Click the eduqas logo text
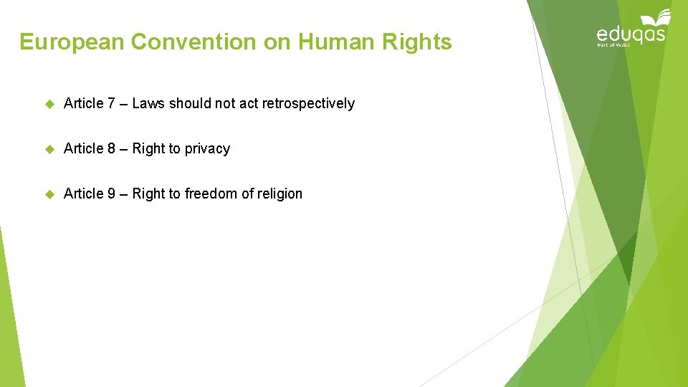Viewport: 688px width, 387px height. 630,34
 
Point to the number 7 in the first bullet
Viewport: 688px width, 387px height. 111,104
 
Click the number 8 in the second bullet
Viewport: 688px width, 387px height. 111,149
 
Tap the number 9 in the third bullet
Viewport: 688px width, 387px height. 111,194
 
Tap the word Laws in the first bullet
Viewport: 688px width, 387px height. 148,104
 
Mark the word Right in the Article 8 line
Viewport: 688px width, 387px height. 148,149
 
